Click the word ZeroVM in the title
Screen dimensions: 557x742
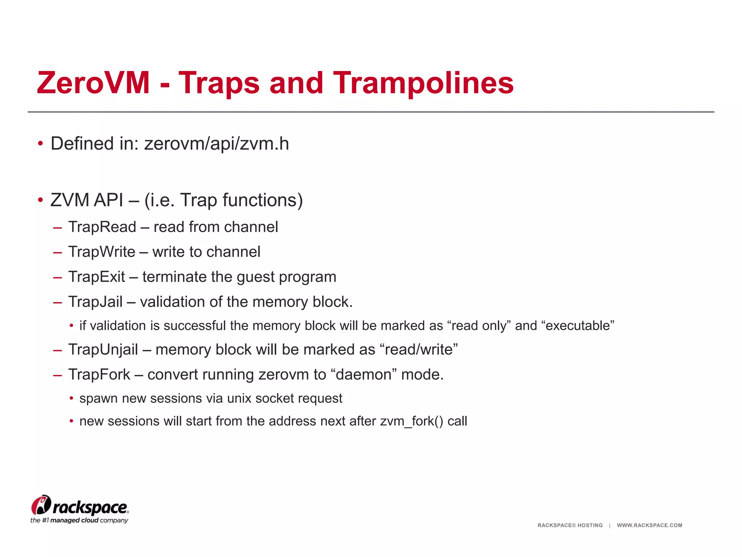coord(93,83)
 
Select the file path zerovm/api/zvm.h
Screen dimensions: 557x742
coord(216,144)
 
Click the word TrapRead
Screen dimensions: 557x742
coord(102,227)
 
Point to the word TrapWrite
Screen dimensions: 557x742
coord(102,252)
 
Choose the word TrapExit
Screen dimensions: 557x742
coord(97,277)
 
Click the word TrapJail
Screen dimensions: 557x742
coord(96,302)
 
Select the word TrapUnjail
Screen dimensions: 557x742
coord(103,350)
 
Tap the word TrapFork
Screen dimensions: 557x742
coord(99,375)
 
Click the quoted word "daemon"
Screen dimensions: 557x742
coord(364,375)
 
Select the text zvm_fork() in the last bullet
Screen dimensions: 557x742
coord(412,421)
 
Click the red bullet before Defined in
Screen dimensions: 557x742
coord(41,144)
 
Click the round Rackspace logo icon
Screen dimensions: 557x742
coord(41,505)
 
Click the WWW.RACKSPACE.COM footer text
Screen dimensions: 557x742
coord(649,525)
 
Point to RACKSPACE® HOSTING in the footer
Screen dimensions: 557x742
coord(570,525)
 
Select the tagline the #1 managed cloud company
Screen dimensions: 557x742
coord(79,520)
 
